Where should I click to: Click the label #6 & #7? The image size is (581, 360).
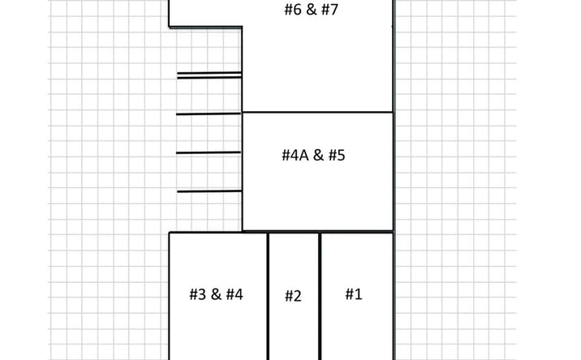312,10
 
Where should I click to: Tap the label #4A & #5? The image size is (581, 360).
313,155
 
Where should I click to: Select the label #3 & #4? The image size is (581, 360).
216,294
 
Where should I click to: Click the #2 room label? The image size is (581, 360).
293,296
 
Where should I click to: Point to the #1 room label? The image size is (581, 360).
354,294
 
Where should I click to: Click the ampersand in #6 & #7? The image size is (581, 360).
312,10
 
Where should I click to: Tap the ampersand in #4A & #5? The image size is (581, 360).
318,155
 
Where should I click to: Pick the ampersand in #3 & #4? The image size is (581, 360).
216,294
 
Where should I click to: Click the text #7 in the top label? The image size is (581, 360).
329,10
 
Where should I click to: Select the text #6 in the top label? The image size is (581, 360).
293,10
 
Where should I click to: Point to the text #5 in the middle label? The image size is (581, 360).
337,155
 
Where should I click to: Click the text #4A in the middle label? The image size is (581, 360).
295,155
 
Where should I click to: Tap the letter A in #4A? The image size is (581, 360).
304,156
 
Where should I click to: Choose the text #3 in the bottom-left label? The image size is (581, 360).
198,294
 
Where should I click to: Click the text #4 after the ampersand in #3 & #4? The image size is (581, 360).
235,294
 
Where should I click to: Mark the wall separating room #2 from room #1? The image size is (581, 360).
320,296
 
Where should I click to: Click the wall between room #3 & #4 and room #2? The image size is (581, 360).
268,296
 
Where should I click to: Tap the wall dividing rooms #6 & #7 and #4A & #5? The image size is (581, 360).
317,112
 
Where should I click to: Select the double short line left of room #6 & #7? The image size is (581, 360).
209,75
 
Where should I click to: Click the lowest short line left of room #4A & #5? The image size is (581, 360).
209,191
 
